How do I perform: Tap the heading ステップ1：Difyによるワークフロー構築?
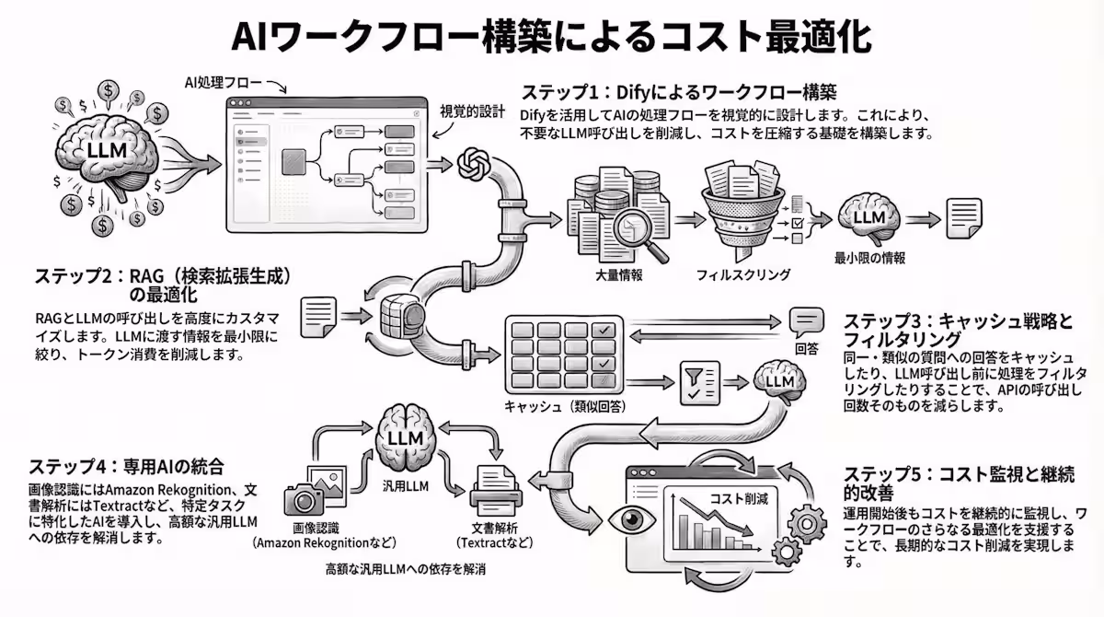(679, 93)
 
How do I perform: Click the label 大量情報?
(619, 274)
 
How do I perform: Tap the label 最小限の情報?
(869, 259)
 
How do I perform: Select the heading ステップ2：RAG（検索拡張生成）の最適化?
(163, 285)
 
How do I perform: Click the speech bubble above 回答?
(806, 321)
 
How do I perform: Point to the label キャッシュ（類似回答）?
(561, 406)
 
